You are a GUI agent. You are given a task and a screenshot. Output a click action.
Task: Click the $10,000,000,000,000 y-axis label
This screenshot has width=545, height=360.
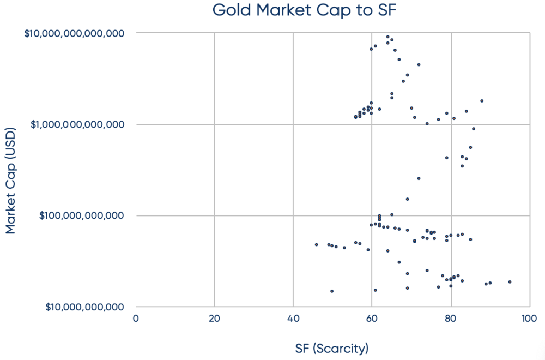pyautogui.click(x=75, y=33)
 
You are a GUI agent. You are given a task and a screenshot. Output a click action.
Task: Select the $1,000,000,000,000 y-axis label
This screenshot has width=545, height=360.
pyautogui.click(x=78, y=125)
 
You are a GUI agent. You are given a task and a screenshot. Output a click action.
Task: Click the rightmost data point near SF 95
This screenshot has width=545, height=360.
pyautogui.click(x=510, y=282)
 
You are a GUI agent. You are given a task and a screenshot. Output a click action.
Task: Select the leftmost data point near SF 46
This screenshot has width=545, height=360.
pyautogui.click(x=316, y=244)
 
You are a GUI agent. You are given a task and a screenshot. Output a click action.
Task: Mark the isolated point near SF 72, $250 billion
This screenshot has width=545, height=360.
pyautogui.click(x=419, y=178)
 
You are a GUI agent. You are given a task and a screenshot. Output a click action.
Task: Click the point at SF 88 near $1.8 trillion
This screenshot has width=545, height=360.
pyautogui.click(x=482, y=101)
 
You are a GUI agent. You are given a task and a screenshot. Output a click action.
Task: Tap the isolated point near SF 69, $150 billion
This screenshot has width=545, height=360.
pyautogui.click(x=407, y=199)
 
